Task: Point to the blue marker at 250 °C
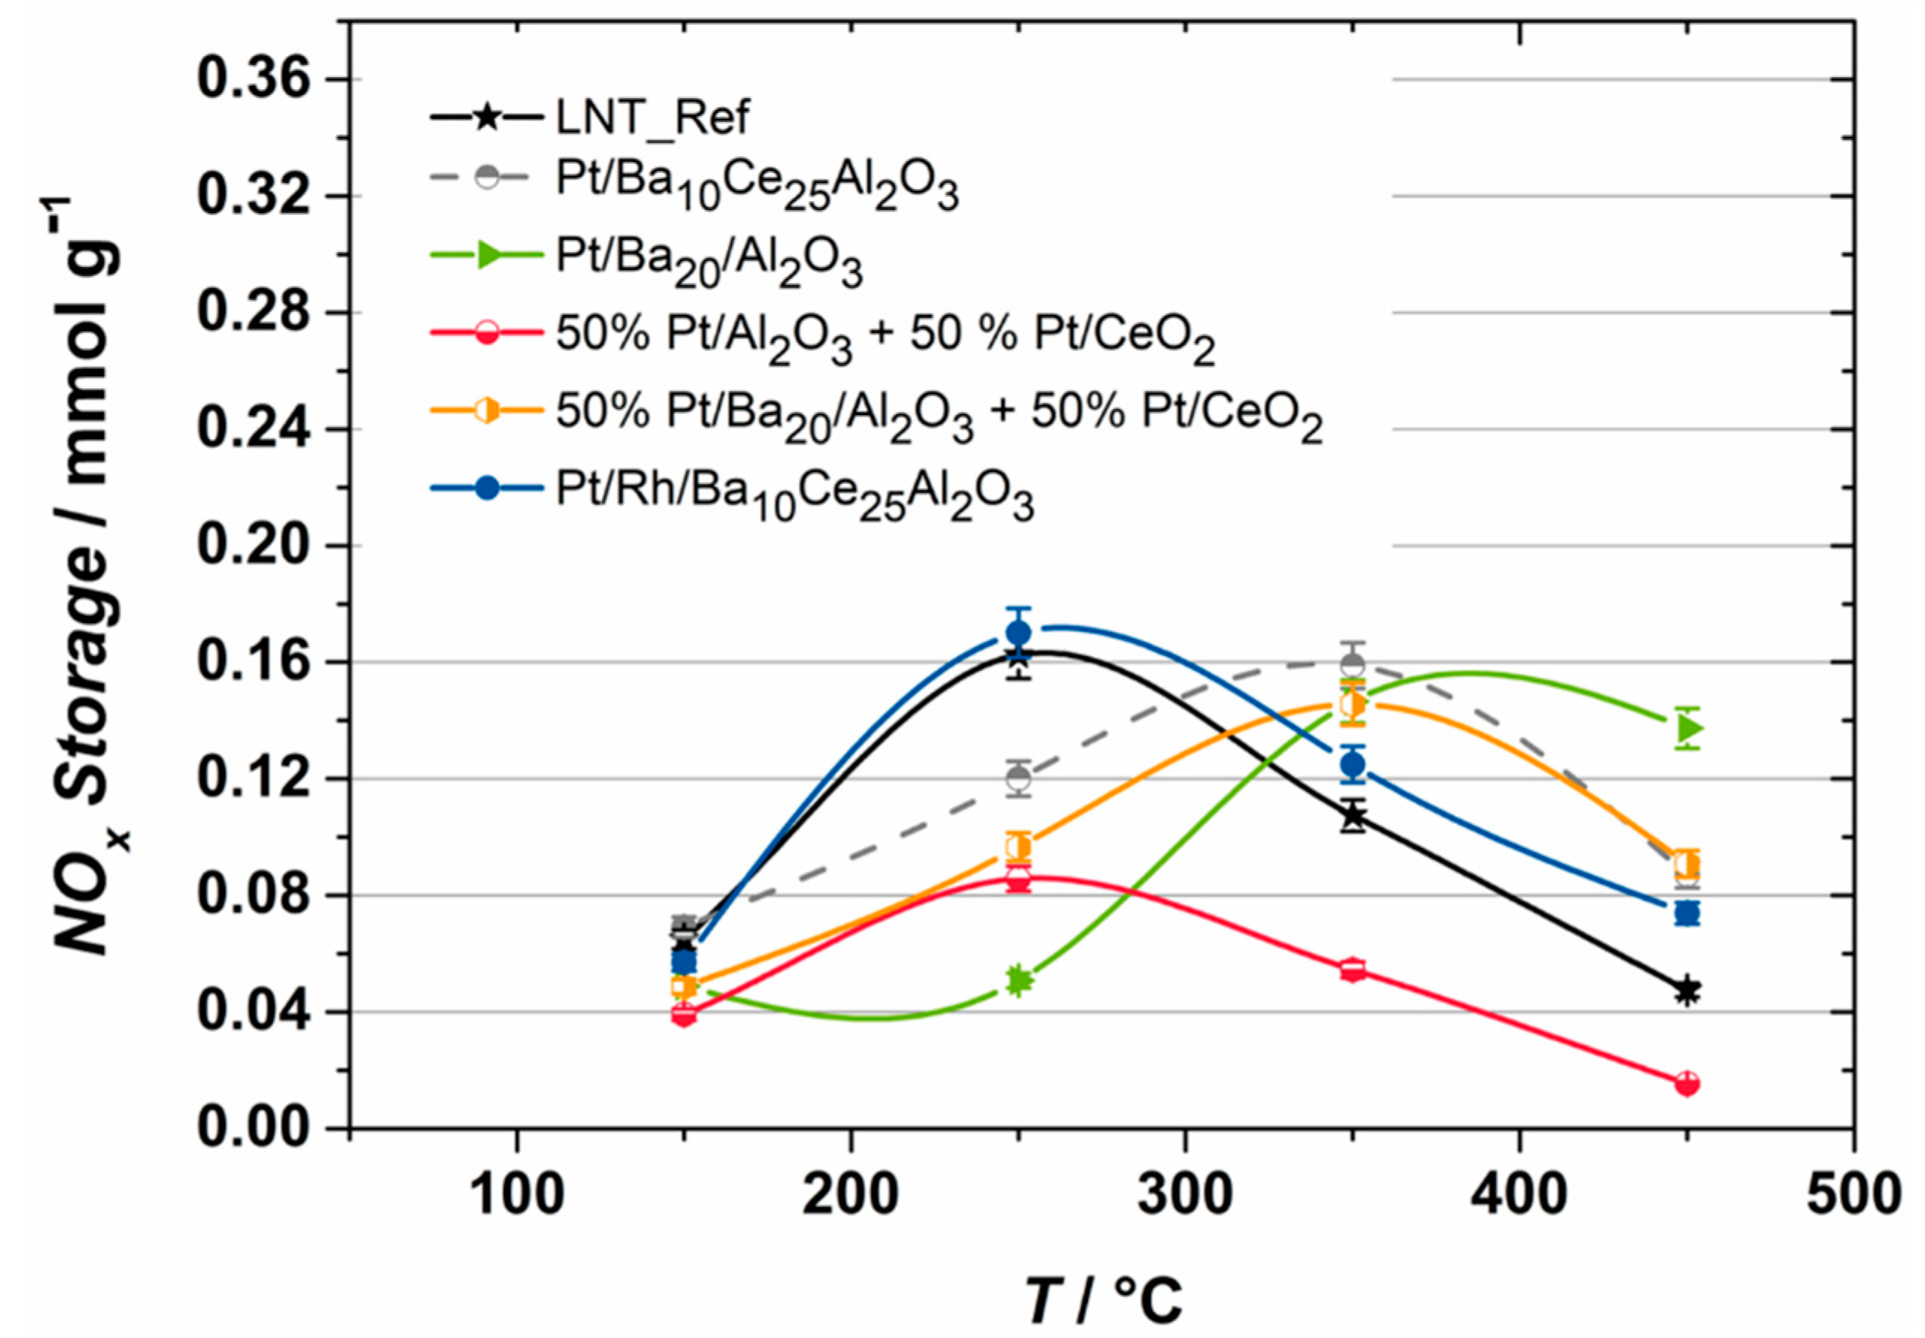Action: click(1018, 632)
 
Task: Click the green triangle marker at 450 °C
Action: click(1690, 728)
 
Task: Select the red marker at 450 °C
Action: click(1687, 1084)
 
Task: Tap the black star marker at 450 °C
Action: click(1687, 991)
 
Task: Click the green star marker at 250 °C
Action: click(1018, 980)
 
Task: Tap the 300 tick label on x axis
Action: click(1184, 1194)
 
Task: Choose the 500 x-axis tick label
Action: click(1852, 1194)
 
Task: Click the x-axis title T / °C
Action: click(1102, 1298)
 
